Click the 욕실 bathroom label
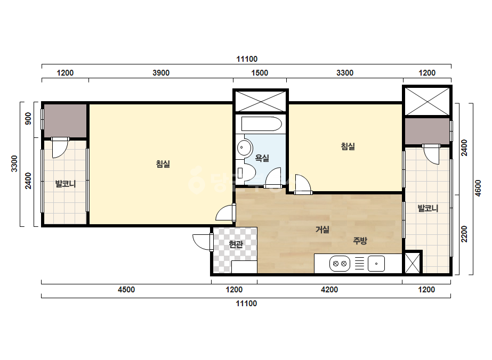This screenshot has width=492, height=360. [x=262, y=158]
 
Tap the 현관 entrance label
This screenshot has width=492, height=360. [x=236, y=244]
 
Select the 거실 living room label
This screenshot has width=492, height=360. [x=322, y=229]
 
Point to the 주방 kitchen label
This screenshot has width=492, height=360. [x=360, y=241]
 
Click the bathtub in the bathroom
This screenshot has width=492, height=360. [x=261, y=124]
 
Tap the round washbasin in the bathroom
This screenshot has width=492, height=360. [x=244, y=147]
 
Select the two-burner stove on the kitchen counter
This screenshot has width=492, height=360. [x=340, y=264]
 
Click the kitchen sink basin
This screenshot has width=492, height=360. [x=376, y=264]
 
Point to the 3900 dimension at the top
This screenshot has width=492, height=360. [x=161, y=73]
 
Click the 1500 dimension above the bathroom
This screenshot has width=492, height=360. [x=260, y=73]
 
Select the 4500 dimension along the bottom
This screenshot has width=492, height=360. [x=126, y=290]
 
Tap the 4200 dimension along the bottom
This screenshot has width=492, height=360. [x=329, y=290]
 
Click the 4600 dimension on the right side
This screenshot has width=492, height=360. [x=478, y=188]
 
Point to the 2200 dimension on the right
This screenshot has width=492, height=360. [x=464, y=234]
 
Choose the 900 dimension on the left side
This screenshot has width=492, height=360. [x=28, y=119]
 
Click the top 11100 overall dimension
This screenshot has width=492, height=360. [x=247, y=59]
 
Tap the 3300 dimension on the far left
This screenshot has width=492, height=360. [x=14, y=163]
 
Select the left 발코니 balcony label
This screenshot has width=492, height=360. [x=65, y=184]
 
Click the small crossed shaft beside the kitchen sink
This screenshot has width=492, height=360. [x=412, y=263]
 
